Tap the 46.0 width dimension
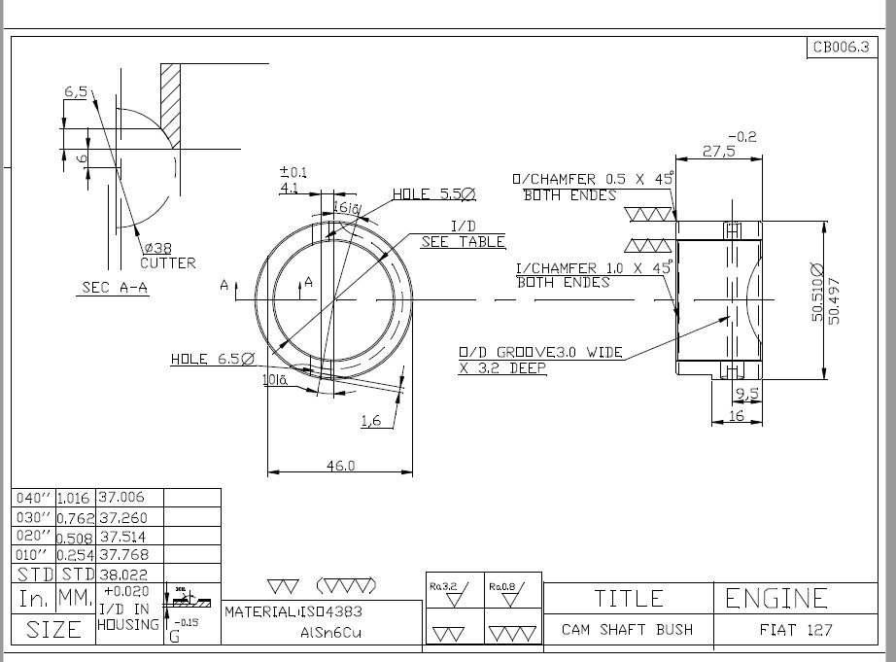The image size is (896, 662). point(339,466)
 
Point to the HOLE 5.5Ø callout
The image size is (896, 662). point(433,194)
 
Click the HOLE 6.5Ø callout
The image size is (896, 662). point(212,359)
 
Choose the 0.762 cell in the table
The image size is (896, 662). point(75,517)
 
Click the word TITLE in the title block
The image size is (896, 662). point(628,598)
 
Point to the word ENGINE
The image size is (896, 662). point(776,598)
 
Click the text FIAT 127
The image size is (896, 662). point(795,630)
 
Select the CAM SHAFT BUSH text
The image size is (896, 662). point(627,630)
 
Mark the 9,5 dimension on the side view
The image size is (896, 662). point(746,393)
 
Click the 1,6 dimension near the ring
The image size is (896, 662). point(370,420)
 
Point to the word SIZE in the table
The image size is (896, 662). point(53,630)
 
